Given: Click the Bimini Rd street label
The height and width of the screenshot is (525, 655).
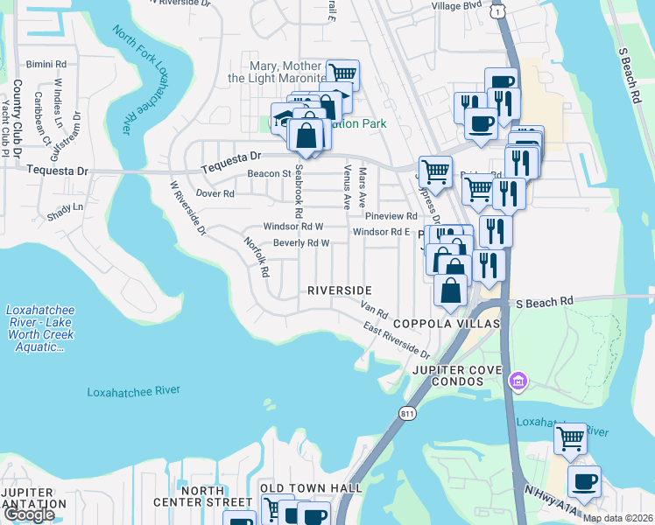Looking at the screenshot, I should pos(46,65).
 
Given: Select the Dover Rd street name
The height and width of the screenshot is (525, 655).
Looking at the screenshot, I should pos(215,193).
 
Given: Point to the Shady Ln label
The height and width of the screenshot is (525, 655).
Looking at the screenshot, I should pos(65,207).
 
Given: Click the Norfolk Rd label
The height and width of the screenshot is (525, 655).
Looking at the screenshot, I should pos(256,258).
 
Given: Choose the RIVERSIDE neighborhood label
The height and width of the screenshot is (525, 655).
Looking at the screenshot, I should pos(340,290).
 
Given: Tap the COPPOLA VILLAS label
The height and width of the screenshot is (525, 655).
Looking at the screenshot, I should pos(446,324).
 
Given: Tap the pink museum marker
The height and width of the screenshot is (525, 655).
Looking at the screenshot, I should pos(519,381).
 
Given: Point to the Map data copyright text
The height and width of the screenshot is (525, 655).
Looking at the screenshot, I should pos(617,518).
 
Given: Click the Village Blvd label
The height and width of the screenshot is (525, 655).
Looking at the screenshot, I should pos(457,5).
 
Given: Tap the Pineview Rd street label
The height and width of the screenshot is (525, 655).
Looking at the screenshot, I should pos(391,216).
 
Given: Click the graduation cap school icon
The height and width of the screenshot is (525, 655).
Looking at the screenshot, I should pos(281,117).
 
